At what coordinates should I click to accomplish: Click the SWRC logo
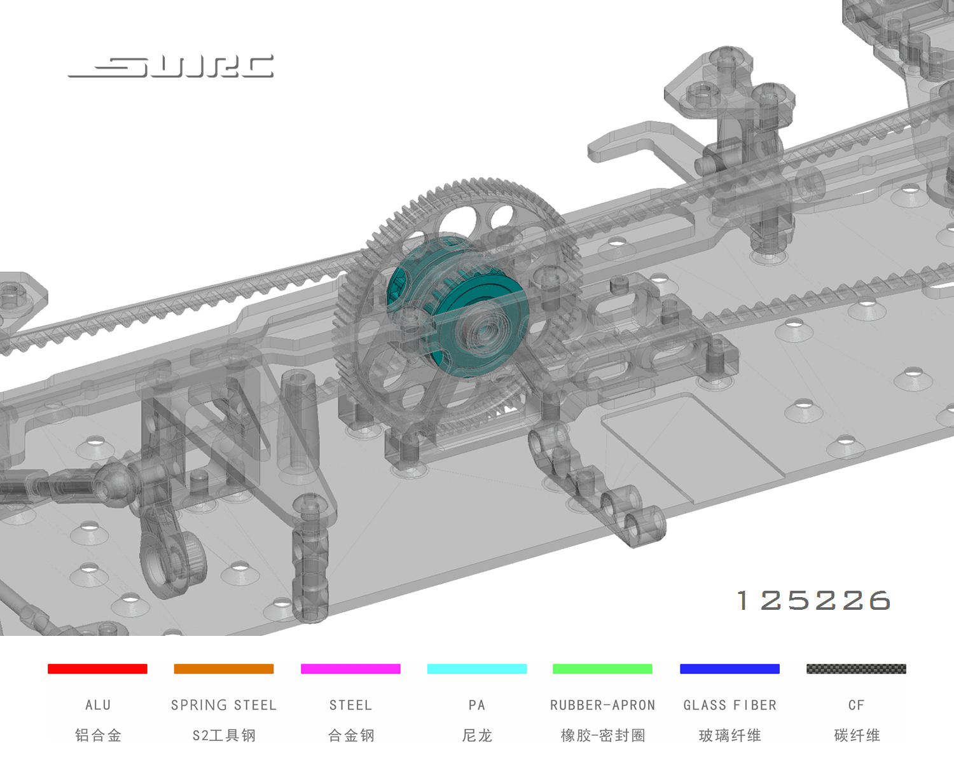point(170,67)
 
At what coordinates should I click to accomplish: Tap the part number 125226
point(813,600)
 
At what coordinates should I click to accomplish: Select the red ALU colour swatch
point(97,669)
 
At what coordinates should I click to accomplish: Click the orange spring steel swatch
point(224,669)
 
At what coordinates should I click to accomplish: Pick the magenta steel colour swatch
point(350,669)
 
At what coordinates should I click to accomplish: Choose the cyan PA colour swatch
point(477,669)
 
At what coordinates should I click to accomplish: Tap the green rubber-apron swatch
point(602,669)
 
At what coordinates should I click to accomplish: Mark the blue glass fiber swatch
point(729,669)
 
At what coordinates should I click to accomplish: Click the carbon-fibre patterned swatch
point(857,669)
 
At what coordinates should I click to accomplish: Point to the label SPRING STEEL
point(224,705)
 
